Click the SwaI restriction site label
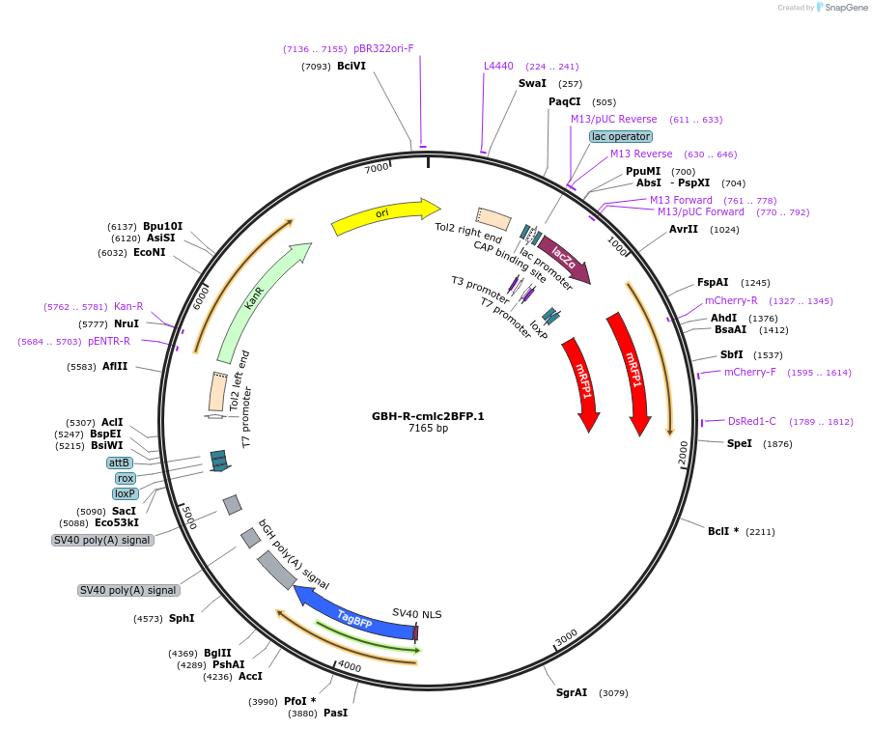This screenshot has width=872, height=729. [532, 84]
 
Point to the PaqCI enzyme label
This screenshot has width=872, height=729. [565, 101]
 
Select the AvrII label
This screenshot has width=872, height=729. [684, 230]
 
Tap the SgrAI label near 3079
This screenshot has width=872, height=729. [572, 692]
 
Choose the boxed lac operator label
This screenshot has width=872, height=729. [621, 136]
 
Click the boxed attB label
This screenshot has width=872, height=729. [119, 463]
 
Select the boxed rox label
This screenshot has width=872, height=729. [126, 478]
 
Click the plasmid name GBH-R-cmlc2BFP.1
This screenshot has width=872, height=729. [428, 416]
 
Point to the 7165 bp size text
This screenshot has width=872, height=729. [428, 429]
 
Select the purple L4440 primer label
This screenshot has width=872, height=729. [498, 67]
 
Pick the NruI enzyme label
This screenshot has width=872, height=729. [127, 323]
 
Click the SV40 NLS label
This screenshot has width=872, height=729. [416, 613]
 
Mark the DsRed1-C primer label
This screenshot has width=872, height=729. [751, 421]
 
